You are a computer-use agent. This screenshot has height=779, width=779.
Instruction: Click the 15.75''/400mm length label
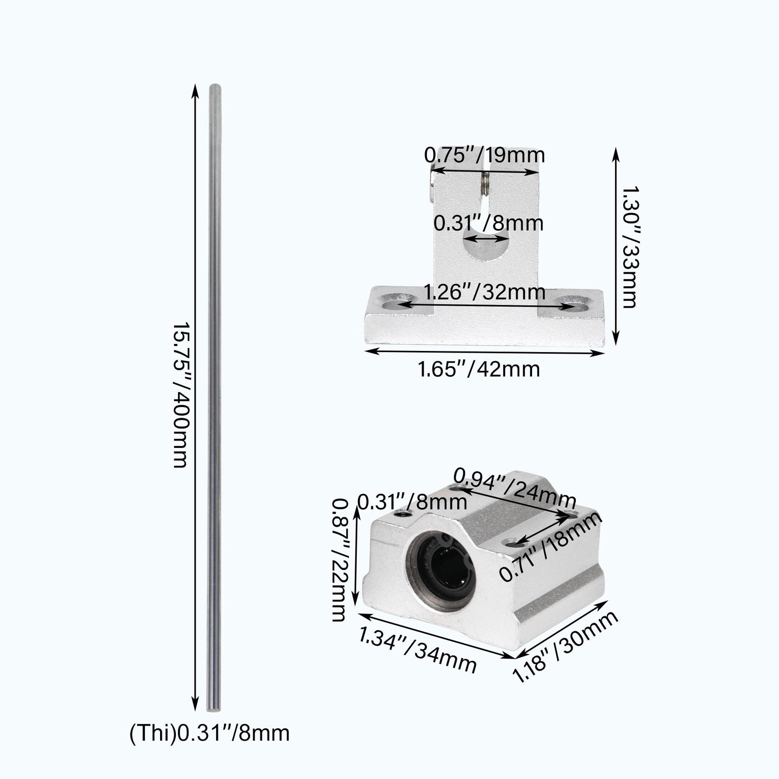coord(179,396)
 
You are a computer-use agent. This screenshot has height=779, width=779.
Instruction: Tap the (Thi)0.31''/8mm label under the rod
coord(209,733)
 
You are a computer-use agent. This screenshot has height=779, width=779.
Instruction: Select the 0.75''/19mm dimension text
coord(484,155)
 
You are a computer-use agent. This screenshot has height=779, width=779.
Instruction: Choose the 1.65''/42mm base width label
coord(479,370)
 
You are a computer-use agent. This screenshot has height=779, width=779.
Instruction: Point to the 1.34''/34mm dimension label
coord(418,652)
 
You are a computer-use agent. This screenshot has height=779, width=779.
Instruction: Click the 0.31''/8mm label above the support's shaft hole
coord(488,223)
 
